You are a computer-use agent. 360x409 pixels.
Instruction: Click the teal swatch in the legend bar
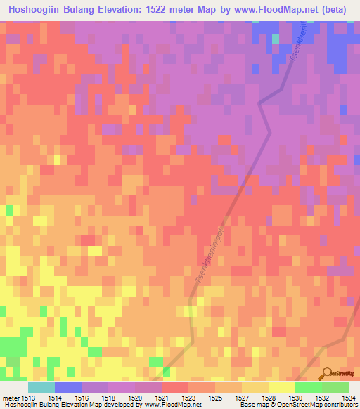41,387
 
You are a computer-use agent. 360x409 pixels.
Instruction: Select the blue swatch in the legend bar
68,387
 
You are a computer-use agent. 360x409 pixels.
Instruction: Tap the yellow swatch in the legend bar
281,387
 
